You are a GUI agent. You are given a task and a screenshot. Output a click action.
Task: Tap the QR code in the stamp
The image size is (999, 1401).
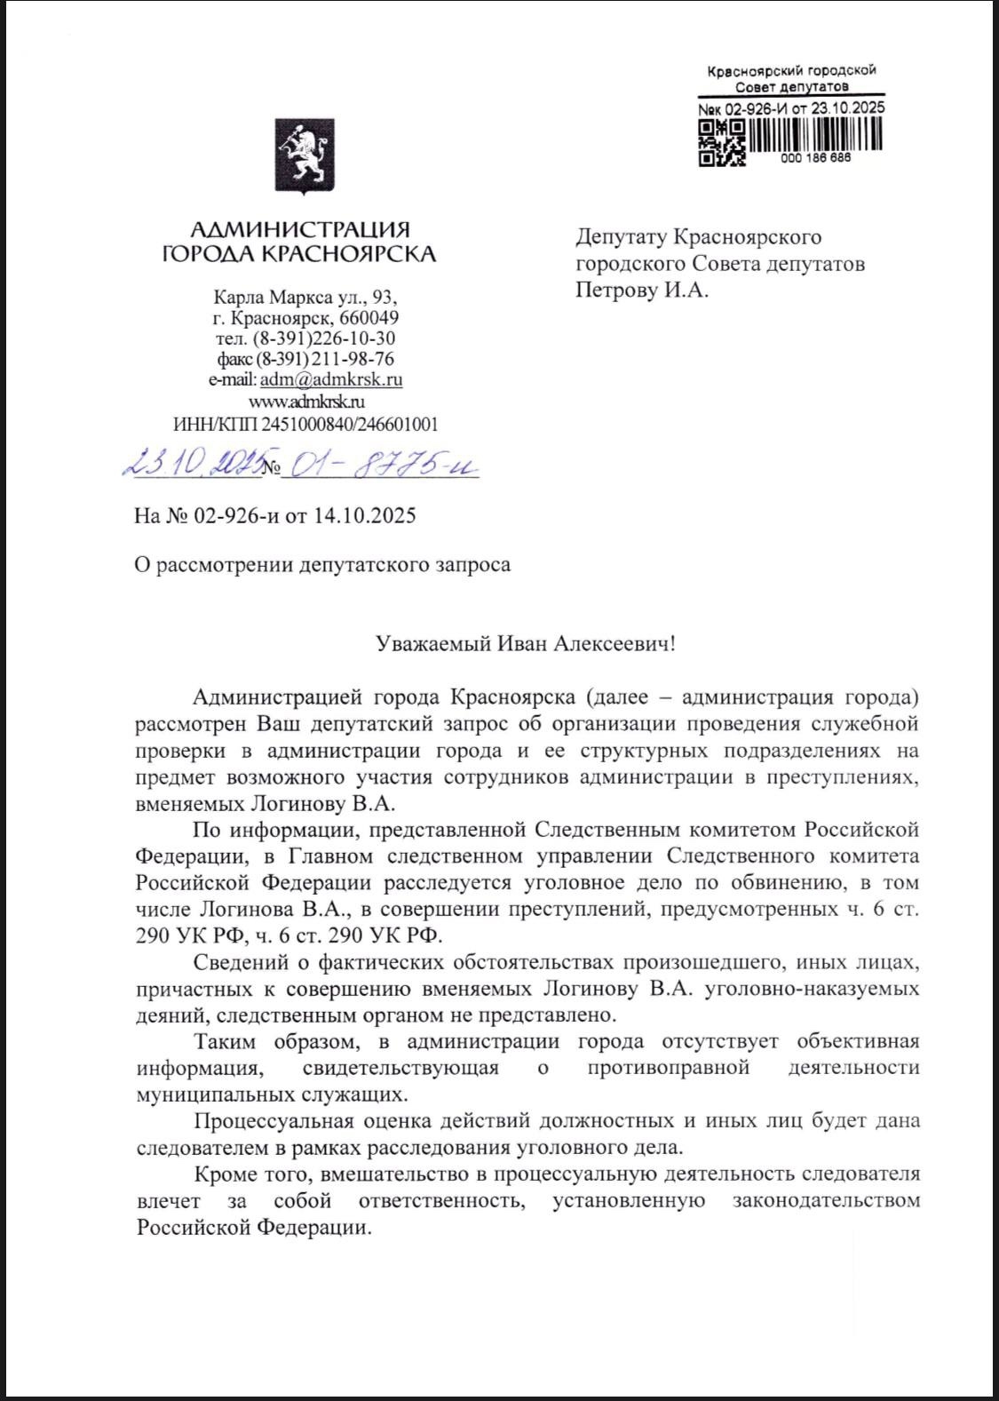pos(721,143)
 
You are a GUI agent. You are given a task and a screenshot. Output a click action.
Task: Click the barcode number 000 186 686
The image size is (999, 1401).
pos(815,157)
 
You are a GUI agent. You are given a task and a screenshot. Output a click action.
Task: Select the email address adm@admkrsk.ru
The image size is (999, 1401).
pos(331,380)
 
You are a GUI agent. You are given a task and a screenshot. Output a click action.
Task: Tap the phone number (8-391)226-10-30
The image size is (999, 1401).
pos(324,338)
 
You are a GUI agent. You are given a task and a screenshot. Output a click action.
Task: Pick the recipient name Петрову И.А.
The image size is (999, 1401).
pos(642,291)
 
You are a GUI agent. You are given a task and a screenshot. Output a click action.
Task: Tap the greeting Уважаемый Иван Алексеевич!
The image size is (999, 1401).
pos(525,643)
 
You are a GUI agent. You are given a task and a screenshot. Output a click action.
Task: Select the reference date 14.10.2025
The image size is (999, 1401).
pos(364,516)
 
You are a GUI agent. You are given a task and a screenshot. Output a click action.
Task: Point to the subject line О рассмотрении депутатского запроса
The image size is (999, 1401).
pos(322,565)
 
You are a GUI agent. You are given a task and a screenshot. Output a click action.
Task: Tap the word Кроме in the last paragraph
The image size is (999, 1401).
pos(222,1174)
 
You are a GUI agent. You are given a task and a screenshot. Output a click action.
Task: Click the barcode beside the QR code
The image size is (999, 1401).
pos(817,134)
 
